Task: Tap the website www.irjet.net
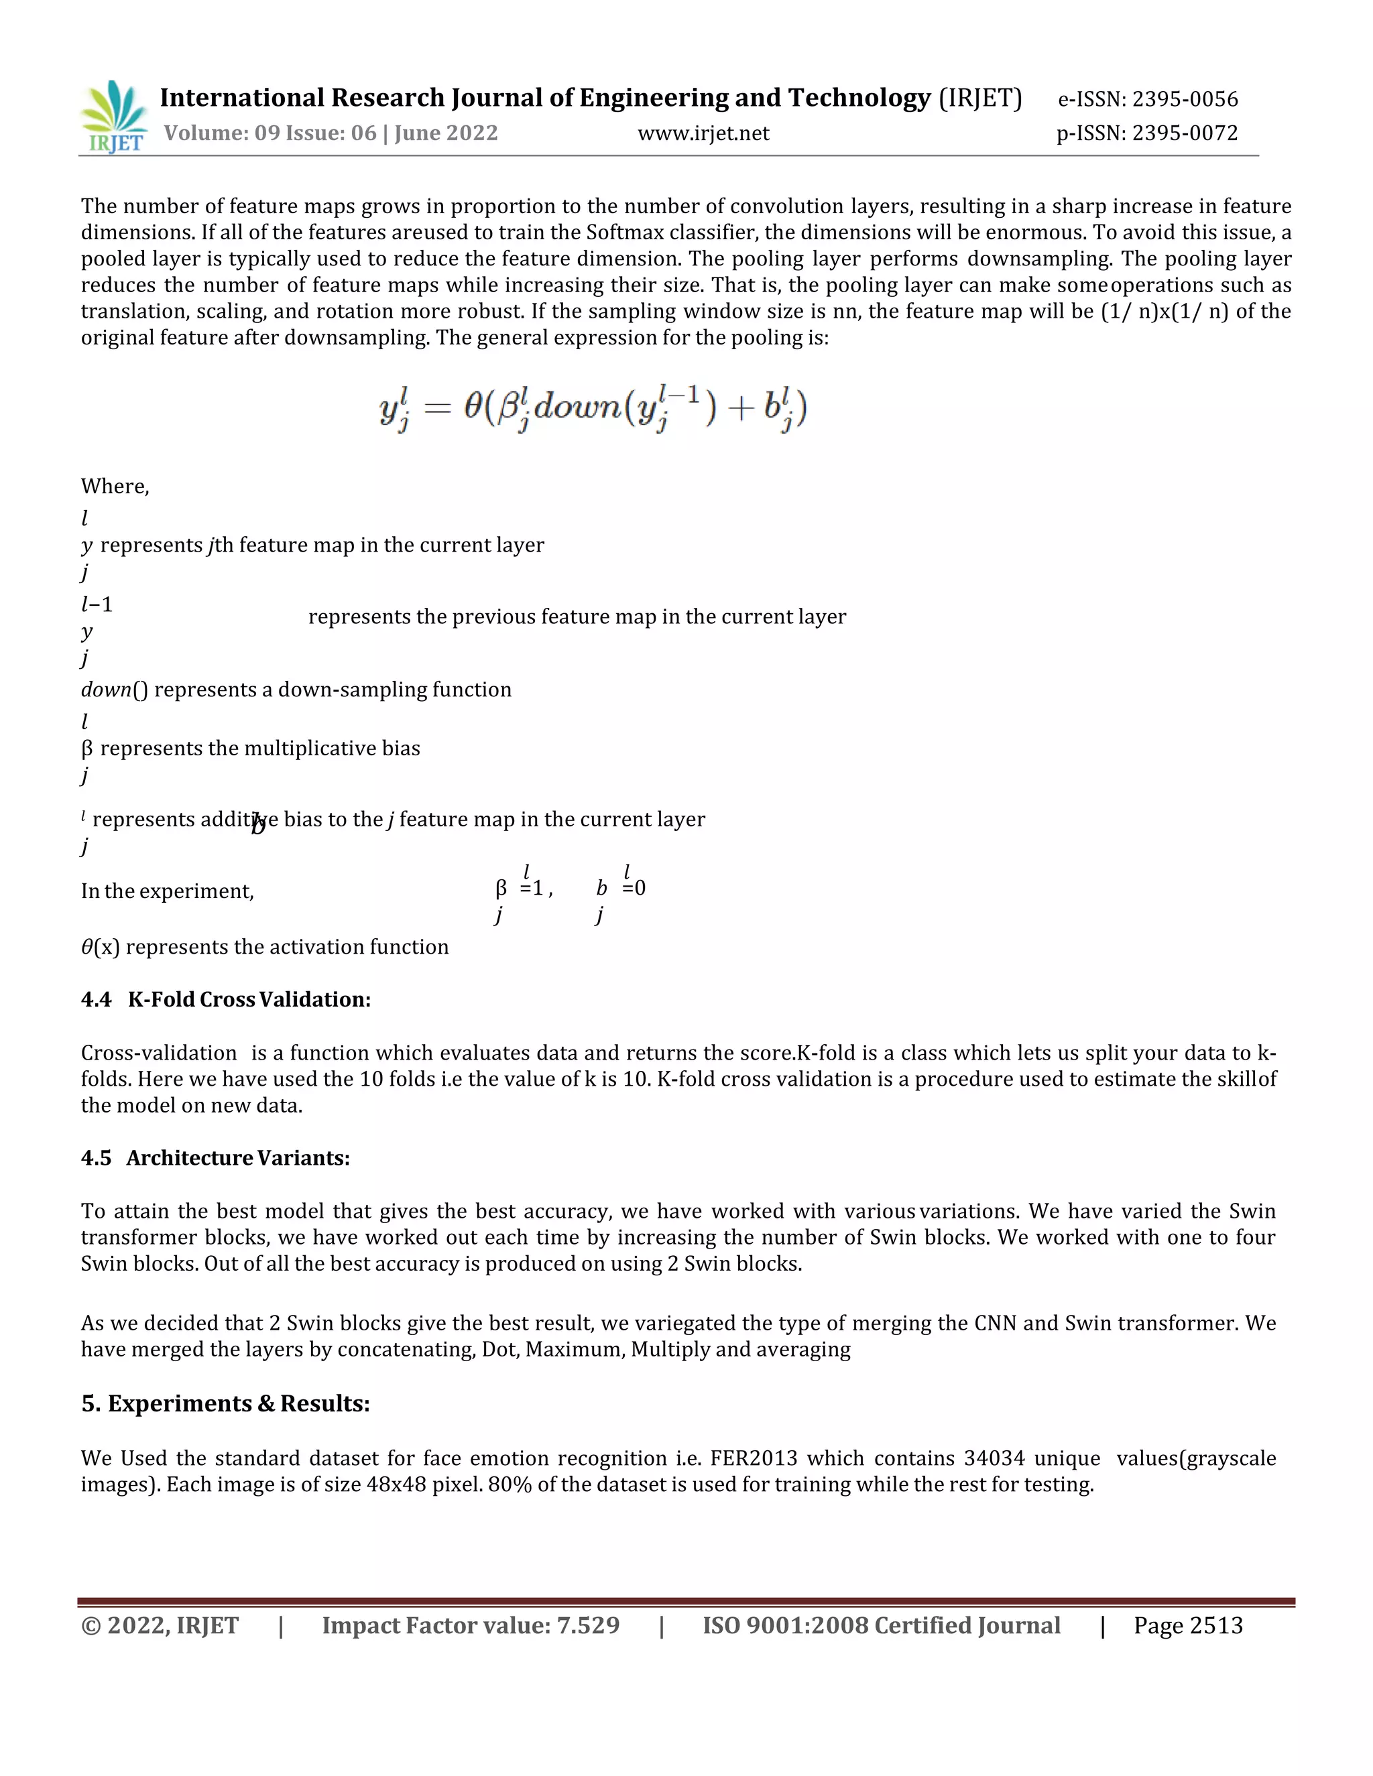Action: pyautogui.click(x=703, y=133)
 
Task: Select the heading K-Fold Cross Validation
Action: pyautogui.click(x=249, y=999)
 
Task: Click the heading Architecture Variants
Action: pyautogui.click(x=237, y=1158)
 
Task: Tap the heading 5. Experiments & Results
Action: pyautogui.click(x=225, y=1403)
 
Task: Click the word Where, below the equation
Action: pyautogui.click(x=115, y=487)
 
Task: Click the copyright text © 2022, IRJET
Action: pyautogui.click(x=160, y=1627)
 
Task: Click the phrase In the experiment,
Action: pyautogui.click(x=167, y=891)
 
